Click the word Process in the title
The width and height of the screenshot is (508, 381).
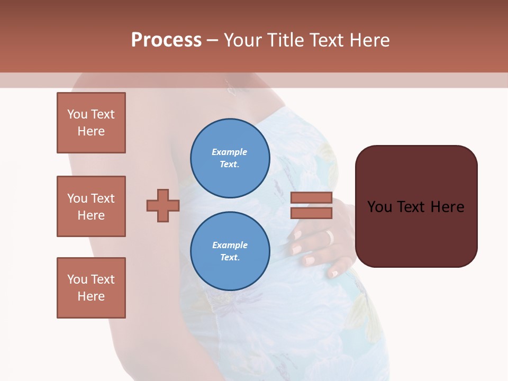166,40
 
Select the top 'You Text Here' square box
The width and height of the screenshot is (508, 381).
91,123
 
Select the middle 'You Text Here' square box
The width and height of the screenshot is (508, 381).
91,206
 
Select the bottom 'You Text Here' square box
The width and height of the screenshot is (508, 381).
91,288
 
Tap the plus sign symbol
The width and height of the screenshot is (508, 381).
163,205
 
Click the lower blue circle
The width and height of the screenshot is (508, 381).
230,251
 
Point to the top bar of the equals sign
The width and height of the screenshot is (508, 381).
311,198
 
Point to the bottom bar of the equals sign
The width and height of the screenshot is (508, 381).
311,213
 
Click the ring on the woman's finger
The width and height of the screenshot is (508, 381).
330,238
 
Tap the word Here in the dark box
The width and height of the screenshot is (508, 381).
447,207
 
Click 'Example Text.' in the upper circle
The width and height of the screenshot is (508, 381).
230,158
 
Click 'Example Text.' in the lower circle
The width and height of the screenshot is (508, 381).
230,251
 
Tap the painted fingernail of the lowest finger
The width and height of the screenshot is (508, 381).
333,274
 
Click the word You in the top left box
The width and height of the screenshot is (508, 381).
77,114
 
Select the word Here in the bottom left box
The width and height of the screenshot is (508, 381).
91,296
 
